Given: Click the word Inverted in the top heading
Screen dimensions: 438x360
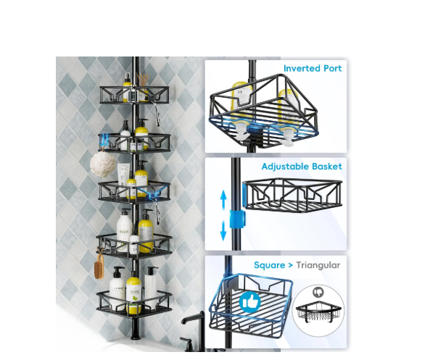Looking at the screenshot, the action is click(x=302, y=68).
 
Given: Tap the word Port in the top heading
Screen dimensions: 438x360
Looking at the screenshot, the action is click(x=332, y=68).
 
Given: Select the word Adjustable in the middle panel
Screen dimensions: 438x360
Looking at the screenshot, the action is click(x=285, y=167).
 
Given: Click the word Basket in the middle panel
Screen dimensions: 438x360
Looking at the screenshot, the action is click(x=327, y=167).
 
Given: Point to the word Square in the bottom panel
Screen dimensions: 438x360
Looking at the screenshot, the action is click(x=270, y=265).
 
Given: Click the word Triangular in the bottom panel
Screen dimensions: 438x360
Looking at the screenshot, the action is click(x=318, y=265).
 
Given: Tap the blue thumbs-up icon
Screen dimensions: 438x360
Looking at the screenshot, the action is click(x=250, y=301).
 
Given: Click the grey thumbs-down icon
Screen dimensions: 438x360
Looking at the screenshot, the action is click(x=318, y=292).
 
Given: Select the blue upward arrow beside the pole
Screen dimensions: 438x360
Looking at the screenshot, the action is click(x=223, y=199).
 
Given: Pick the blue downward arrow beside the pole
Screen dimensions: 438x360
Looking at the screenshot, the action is click(x=223, y=230).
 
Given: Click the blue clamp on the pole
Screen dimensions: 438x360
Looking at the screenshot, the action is click(x=237, y=219).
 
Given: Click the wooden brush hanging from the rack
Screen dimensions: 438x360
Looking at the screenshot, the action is click(x=99, y=266).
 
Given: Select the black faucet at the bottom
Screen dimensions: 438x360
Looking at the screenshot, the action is click(x=194, y=331).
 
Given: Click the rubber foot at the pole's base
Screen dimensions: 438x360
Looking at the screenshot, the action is click(x=136, y=330).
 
